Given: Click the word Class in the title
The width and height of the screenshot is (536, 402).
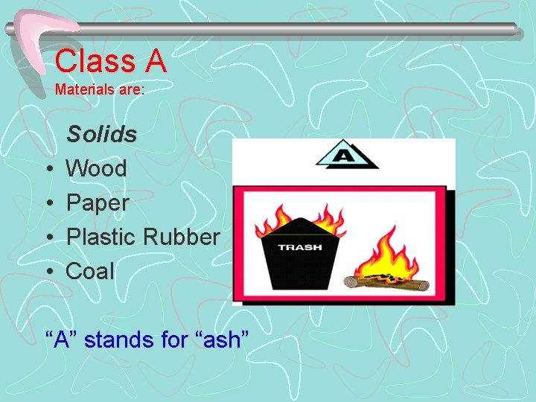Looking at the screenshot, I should (x=92, y=60).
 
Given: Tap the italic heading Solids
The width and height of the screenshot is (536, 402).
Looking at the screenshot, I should (x=102, y=135).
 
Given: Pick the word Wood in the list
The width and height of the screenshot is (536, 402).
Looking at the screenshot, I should (x=96, y=169).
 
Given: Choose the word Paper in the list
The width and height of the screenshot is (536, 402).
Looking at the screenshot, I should (x=98, y=203).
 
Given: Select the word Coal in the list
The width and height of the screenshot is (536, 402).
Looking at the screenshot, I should (x=90, y=272).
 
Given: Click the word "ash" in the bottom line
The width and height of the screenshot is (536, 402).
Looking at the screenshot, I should (x=221, y=340).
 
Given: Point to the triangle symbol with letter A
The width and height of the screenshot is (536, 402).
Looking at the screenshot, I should (x=345, y=156).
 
